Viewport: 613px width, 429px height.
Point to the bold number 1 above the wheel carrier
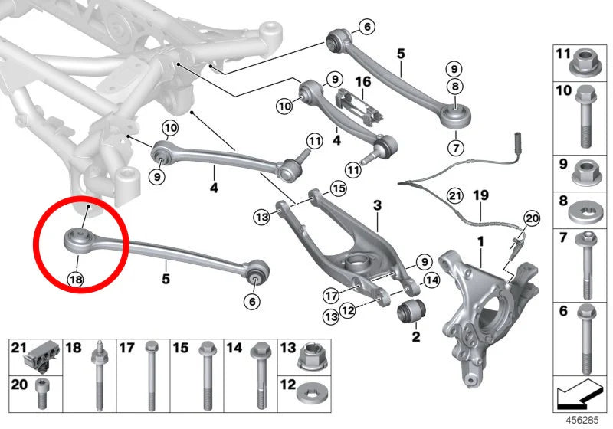click(480, 243)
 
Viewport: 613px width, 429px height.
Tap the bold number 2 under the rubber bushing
click(416, 336)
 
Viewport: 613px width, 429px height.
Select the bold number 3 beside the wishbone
click(377, 205)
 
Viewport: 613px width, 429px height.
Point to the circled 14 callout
click(431, 280)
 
